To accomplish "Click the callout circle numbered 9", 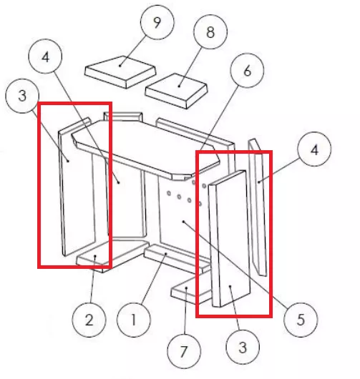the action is pos(157,22).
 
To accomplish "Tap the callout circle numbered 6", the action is pos(247,71).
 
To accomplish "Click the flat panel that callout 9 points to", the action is pos(120,72).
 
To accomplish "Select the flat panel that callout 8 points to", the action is pos(176,91).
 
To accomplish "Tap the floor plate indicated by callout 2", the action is pos(109,254).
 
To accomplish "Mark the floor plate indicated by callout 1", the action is pos(177,258).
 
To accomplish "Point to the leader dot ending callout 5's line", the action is pos(183,221).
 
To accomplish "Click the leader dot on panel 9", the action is pos(120,66).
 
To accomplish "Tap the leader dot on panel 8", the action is pos(179,86).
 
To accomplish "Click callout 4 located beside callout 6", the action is pos(314,149).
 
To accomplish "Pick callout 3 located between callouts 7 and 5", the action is pos(243,348).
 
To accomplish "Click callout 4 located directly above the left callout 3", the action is pos(45,56).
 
